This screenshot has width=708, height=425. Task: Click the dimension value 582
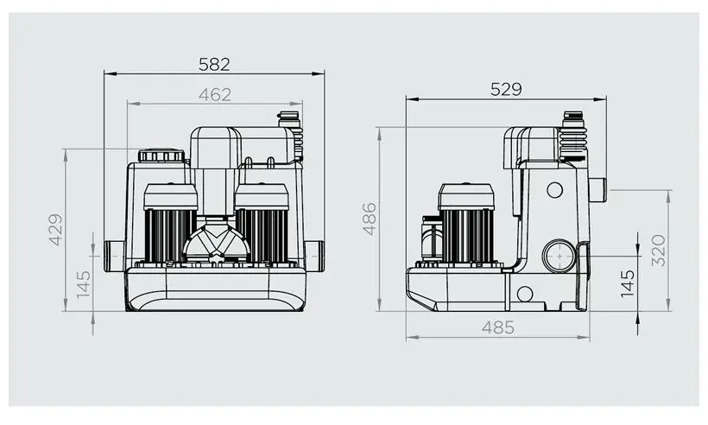(214, 65)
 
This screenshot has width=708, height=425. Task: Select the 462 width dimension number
(214, 95)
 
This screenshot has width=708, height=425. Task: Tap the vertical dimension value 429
(55, 230)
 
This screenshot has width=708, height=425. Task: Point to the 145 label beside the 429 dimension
(84, 284)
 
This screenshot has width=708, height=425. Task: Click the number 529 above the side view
(506, 90)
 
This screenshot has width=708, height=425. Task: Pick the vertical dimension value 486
(370, 219)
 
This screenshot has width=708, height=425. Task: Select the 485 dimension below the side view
(497, 327)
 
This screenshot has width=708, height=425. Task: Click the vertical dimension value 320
(659, 251)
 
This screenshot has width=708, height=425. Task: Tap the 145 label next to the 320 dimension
(628, 283)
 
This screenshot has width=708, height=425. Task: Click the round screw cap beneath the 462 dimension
(161, 155)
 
